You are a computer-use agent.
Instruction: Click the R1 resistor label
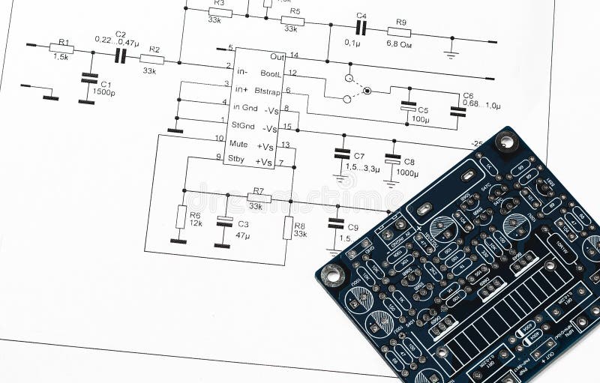click(x=63, y=42)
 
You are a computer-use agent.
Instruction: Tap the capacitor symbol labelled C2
click(x=120, y=56)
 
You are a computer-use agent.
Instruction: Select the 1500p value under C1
click(x=104, y=91)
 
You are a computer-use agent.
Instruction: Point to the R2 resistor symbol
click(x=151, y=59)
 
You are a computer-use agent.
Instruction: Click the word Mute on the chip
click(x=239, y=143)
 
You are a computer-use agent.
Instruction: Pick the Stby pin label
click(x=237, y=158)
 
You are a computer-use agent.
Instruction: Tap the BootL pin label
click(x=270, y=73)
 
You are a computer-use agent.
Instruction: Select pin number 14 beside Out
click(x=294, y=55)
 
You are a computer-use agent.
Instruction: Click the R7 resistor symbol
click(x=259, y=198)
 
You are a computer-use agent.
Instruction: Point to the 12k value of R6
click(x=195, y=223)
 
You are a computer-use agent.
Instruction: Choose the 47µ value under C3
click(x=242, y=235)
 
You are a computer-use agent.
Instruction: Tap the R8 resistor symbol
click(x=287, y=227)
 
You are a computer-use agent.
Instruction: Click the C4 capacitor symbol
click(x=361, y=28)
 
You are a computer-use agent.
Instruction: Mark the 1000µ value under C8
click(x=407, y=173)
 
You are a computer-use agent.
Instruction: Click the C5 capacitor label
click(x=423, y=110)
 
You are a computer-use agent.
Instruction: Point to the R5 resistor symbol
click(x=292, y=22)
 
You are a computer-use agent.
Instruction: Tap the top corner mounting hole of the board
click(x=506, y=140)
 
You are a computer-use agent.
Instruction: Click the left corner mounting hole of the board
click(x=332, y=275)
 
